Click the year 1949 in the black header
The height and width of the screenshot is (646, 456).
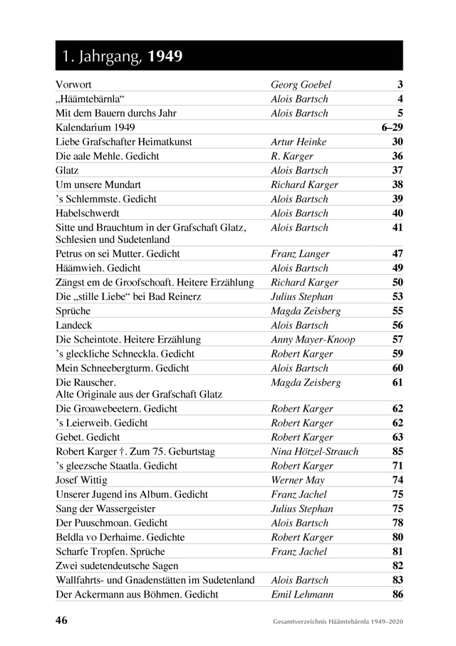(x=165, y=56)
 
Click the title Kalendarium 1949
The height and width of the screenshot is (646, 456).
(x=94, y=127)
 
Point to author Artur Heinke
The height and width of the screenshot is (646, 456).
(x=299, y=142)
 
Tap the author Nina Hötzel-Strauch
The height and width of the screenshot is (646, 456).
(x=314, y=452)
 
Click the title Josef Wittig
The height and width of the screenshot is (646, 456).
(x=81, y=480)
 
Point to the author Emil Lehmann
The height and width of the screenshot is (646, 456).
(x=301, y=594)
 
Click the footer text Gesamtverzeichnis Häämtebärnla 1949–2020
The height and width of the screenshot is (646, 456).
(x=338, y=622)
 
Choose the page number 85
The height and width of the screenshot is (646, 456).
(x=398, y=452)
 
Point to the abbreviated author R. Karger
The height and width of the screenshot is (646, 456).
(x=292, y=156)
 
